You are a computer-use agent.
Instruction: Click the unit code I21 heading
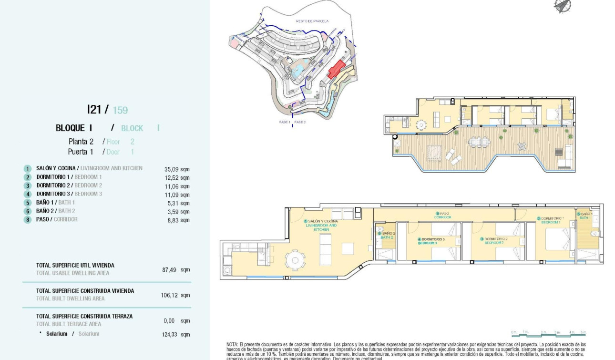click(x=94, y=109)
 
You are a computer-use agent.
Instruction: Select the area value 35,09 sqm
click(x=176, y=169)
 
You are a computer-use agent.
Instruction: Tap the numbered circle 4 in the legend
click(x=28, y=195)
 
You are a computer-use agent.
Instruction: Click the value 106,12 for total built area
click(x=169, y=295)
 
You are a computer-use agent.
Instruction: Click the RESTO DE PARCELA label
click(x=312, y=21)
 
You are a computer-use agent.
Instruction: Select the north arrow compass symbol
click(x=563, y=5)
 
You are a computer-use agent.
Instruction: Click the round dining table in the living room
click(x=295, y=260)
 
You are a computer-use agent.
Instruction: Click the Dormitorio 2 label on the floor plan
click(x=493, y=240)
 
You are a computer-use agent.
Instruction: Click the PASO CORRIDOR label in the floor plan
click(x=442, y=215)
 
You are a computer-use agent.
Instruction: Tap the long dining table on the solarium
click(x=478, y=142)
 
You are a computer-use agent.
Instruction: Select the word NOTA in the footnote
click(x=232, y=344)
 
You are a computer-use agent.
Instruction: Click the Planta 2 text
click(x=81, y=142)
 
